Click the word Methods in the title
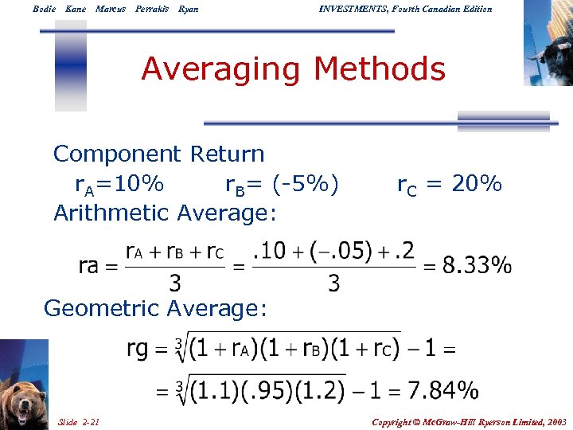[380, 69]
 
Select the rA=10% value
[119, 185]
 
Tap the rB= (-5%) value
[282, 185]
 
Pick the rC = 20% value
[450, 185]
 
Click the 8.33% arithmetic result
[477, 265]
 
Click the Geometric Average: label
[155, 308]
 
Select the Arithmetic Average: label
[165, 213]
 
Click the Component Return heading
[158, 154]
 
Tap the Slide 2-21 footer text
[79, 421]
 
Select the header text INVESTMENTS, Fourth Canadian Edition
[405, 9]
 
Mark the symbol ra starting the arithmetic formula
[88, 265]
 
